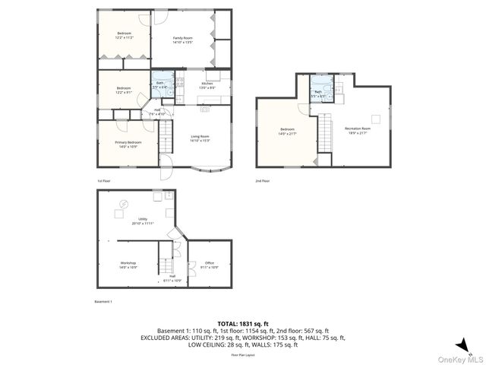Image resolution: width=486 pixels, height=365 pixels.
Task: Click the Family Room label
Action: (x=182, y=40)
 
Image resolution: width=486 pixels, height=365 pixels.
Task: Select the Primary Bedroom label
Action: (x=128, y=144)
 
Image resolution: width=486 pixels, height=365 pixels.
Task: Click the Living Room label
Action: (x=200, y=138)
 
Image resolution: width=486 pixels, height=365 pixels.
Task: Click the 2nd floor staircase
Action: (x=325, y=133)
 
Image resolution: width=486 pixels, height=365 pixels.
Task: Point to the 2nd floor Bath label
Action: (x=318, y=94)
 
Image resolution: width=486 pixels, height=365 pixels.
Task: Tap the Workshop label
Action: (x=128, y=265)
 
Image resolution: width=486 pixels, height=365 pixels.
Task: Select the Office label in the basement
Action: (x=210, y=265)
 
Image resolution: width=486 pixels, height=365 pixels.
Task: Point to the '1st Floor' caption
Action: (x=104, y=181)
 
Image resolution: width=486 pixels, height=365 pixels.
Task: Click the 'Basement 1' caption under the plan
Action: (x=103, y=302)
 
